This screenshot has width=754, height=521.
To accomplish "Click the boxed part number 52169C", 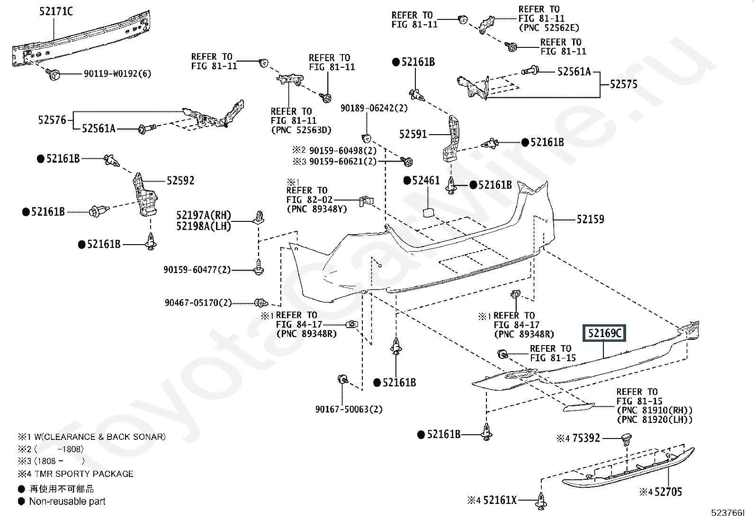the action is tap(604, 333).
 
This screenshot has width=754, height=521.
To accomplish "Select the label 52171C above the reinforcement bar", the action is tap(56, 11).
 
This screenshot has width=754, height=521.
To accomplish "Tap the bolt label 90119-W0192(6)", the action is tap(117, 73).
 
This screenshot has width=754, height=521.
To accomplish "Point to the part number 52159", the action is tap(591, 219).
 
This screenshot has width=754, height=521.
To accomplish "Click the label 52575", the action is tap(623, 84).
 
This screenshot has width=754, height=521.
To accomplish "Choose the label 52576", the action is tap(52, 120).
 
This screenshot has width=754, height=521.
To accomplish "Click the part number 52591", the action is tap(413, 135).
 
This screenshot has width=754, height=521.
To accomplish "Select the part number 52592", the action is tap(180, 181).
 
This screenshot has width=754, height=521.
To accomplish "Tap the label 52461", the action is tap(426, 181).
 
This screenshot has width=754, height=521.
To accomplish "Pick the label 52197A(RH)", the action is tap(204, 215).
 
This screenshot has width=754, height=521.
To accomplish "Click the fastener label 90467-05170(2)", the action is tap(198, 302).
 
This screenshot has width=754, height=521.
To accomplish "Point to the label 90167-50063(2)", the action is tap(349, 409).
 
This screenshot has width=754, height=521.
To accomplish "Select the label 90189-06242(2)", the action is tap(374, 108).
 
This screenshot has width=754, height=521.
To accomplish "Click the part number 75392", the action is tap(586, 438).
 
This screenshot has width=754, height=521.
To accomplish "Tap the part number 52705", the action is tap(668, 492).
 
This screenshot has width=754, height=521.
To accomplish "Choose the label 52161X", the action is tap(500, 501).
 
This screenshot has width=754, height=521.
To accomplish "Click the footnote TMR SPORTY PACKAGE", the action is tap(84, 474).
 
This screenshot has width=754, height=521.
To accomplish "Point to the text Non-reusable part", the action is tap(67, 502).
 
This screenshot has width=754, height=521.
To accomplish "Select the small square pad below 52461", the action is tap(429, 213).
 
